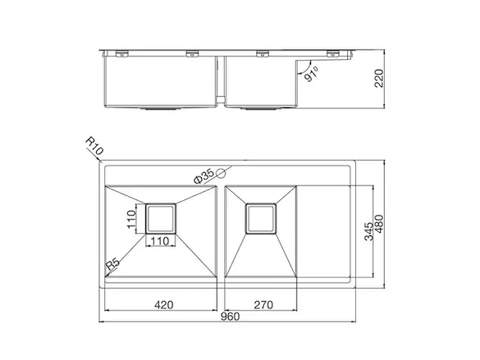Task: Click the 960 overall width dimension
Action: point(230,317)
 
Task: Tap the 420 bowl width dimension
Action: point(164,305)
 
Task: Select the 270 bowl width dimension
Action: point(263,305)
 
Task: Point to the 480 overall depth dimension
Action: point(379,224)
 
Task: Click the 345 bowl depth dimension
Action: point(369,231)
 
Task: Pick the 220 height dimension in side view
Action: point(379,79)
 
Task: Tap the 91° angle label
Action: point(311,75)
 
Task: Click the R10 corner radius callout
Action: point(94,146)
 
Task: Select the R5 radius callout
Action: point(112,264)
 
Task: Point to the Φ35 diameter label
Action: point(203,176)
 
